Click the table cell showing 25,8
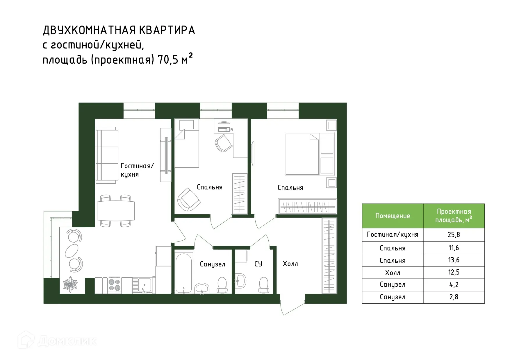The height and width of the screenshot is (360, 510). (454, 234)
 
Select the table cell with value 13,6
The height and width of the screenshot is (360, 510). (454, 260)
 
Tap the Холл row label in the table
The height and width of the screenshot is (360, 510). (393, 273)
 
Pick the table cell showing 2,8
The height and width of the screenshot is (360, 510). (454, 297)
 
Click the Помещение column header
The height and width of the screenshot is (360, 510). (393, 216)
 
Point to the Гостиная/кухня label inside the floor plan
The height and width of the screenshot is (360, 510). (137, 170)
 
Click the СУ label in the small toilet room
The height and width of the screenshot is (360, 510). (258, 264)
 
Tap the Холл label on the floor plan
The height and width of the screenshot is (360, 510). (290, 264)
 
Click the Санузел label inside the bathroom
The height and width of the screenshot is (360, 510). (212, 264)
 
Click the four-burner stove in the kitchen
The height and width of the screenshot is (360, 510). (114, 285)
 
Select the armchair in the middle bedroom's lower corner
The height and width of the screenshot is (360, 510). (189, 199)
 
